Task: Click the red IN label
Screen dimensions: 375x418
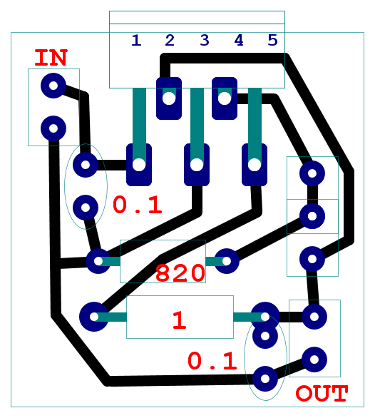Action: (x=51, y=58)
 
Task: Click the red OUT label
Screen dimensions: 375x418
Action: (x=322, y=393)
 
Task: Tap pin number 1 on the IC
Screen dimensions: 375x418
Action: (x=136, y=41)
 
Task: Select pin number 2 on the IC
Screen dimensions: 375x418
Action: (x=170, y=41)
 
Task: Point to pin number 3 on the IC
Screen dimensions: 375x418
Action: (x=205, y=41)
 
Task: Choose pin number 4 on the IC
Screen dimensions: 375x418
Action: (x=239, y=41)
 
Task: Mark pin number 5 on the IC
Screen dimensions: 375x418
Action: (x=272, y=41)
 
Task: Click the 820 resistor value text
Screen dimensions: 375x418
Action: (x=180, y=273)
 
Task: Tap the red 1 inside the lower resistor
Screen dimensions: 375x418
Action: (x=180, y=320)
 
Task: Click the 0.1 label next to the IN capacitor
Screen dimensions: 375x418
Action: (x=138, y=205)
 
